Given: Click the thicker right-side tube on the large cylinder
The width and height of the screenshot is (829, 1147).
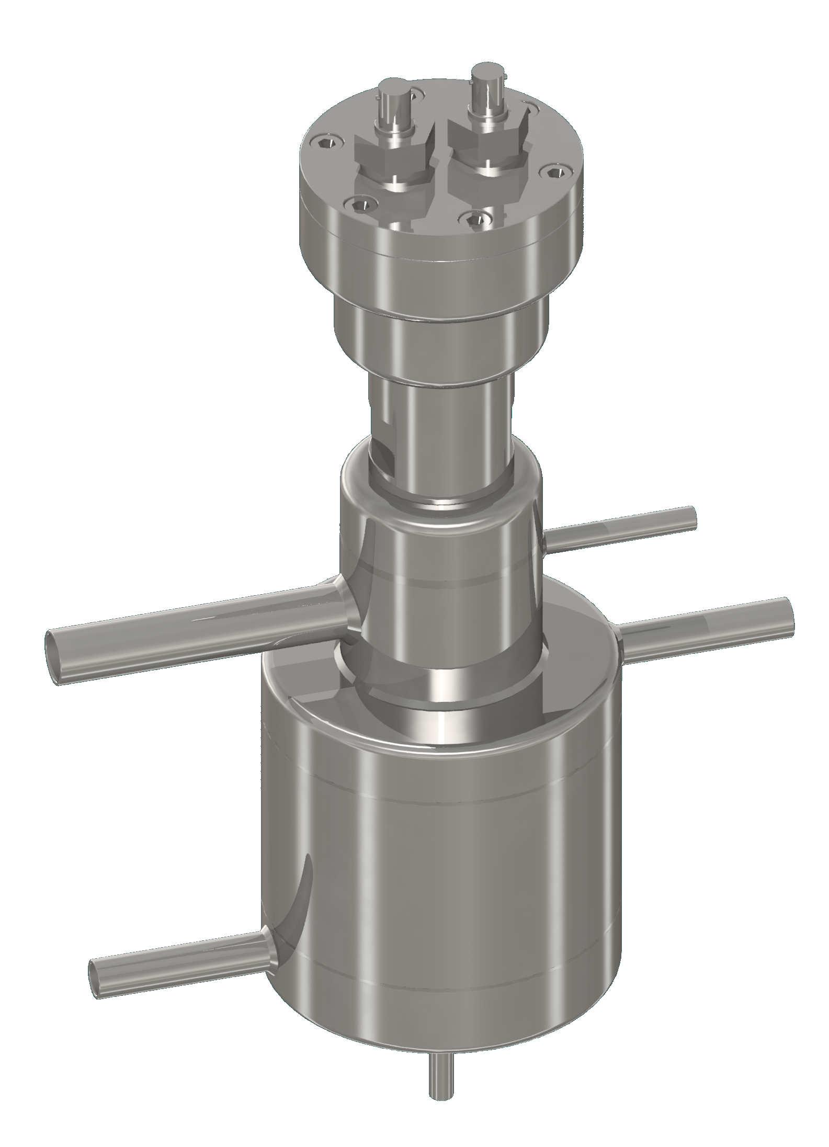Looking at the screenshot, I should click(706, 630).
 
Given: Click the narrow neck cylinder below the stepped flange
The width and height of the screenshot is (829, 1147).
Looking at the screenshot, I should click(439, 434).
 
